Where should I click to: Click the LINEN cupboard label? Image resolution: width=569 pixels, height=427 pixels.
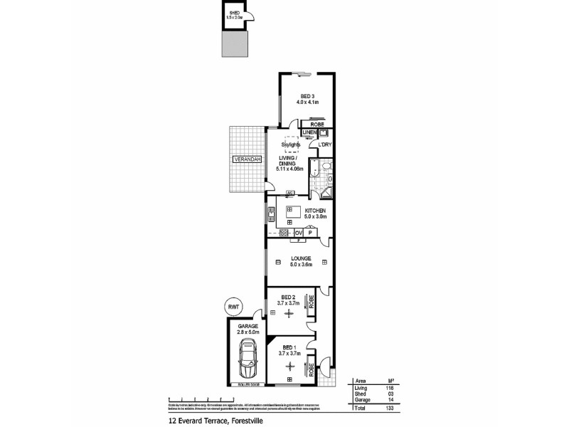pos(309,133)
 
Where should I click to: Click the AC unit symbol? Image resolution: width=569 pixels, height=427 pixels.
pos(289,193)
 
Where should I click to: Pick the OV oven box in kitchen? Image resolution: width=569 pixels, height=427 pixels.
pos(299,233)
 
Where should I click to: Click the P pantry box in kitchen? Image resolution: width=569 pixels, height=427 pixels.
pos(311,233)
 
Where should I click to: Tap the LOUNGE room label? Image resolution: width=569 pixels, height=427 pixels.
pos(300,261)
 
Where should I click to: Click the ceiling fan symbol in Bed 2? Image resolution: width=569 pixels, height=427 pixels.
pos(289,314)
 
